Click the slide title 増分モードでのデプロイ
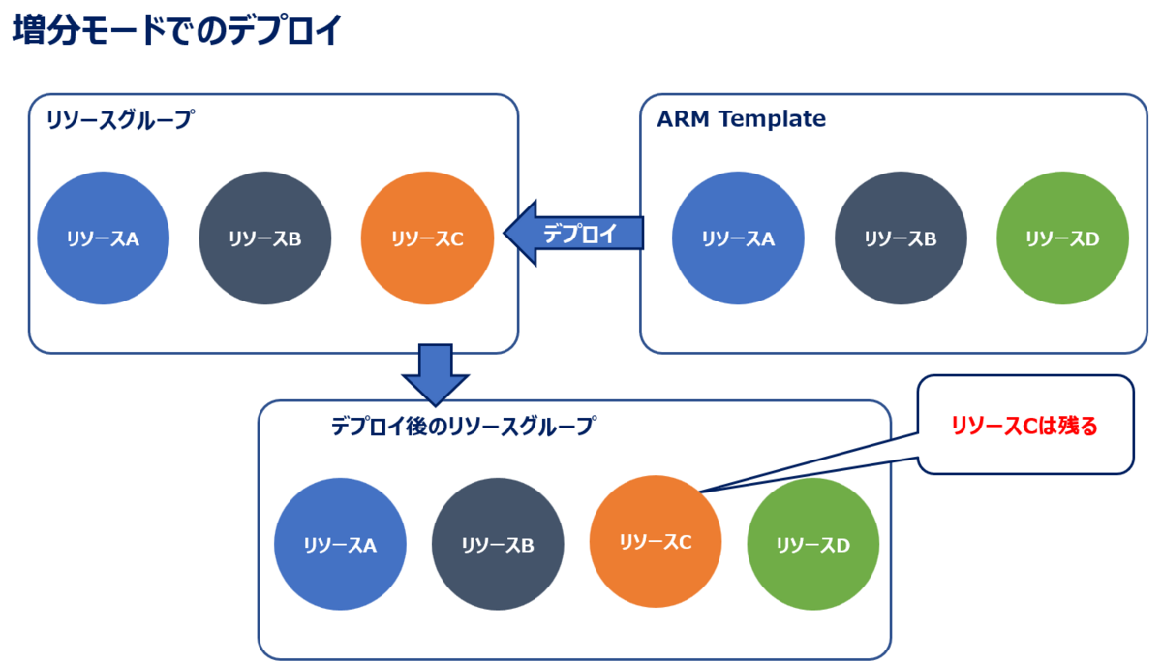point(177,30)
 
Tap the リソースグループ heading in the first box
point(120,119)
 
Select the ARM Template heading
point(741,119)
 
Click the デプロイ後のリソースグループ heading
point(463,426)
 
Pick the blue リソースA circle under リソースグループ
point(104,238)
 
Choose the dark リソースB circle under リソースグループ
point(265,238)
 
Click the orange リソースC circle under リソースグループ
point(427,238)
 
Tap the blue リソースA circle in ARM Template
point(738,238)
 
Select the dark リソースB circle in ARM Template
point(901,238)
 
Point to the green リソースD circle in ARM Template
point(1062,238)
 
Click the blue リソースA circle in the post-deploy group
point(340,544)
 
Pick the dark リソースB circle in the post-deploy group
point(498,544)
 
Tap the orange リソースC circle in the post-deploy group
point(656,541)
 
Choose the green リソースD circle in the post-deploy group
point(813,544)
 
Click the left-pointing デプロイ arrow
point(573,233)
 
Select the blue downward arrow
point(435,374)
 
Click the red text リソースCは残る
point(1024,426)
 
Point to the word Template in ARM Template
point(772,119)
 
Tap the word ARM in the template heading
point(683,119)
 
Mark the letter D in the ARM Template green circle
point(1092,239)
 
